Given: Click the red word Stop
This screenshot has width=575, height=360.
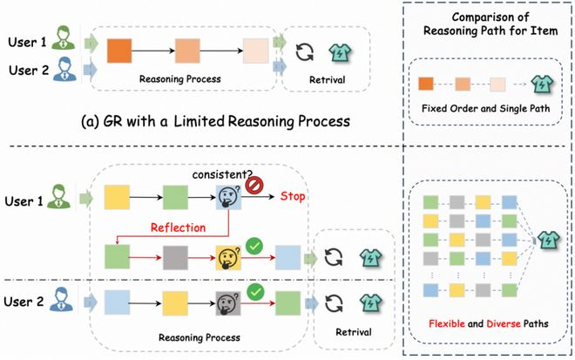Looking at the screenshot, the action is click(x=293, y=196).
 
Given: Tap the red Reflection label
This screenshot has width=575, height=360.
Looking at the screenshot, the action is click(x=179, y=228).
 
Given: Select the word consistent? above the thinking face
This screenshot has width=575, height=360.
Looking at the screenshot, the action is click(x=222, y=174).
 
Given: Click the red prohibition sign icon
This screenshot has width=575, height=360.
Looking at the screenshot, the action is click(x=254, y=185).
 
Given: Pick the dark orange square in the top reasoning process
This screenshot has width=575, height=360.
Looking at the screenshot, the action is click(x=119, y=51).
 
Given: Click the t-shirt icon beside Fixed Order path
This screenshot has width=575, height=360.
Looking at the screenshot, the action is click(x=542, y=84).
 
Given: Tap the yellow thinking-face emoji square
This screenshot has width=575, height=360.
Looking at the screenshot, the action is click(x=228, y=258).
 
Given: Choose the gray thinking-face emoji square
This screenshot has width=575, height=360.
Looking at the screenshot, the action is click(x=228, y=303).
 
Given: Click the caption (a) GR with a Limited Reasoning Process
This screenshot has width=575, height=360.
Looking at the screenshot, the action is click(x=216, y=121).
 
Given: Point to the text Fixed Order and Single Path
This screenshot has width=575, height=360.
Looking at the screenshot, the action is click(x=485, y=109).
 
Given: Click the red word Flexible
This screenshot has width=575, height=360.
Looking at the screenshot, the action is click(x=447, y=323).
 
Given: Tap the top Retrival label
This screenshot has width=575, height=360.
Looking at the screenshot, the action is click(x=327, y=79).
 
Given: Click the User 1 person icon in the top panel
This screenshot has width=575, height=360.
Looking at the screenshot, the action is click(x=64, y=37).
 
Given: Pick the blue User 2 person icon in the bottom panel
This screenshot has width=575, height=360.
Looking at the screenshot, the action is click(x=60, y=300).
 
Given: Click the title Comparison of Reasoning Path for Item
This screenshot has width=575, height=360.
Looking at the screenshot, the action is click(x=490, y=24).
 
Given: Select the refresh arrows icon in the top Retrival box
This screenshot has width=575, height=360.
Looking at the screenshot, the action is click(x=305, y=52).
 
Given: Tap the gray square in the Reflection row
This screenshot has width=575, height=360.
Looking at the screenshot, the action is click(x=175, y=258).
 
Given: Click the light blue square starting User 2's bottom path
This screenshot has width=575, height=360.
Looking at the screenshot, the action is click(x=117, y=302).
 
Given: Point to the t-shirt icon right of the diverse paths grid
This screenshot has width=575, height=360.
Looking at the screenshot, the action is click(x=548, y=240).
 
